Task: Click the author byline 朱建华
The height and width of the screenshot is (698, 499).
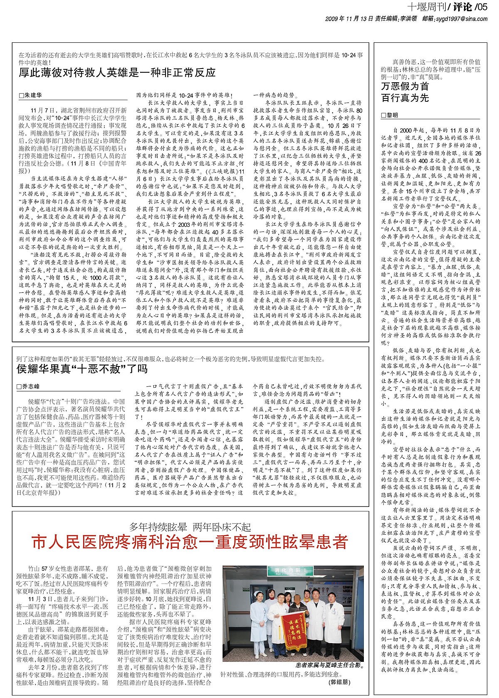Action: pos(33,95)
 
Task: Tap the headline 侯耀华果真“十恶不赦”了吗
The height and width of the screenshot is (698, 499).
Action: pos(82,369)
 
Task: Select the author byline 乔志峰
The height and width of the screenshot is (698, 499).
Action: pos(33,386)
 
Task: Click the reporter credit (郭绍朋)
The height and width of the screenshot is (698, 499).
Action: pos(342,682)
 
